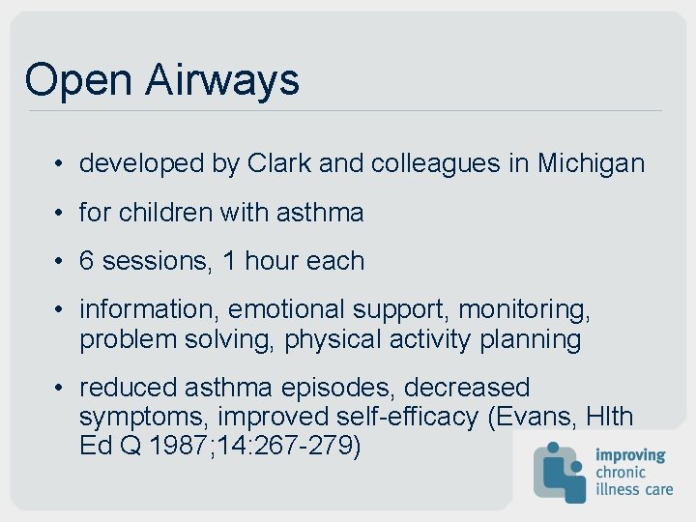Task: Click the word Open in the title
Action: (80, 80)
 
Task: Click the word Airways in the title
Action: (222, 80)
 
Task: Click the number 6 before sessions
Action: (87, 261)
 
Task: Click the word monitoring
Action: (524, 309)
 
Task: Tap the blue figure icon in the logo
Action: (560, 472)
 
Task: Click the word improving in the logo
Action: (630, 455)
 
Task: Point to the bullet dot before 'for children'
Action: (60, 213)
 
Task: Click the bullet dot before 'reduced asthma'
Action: (60, 388)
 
